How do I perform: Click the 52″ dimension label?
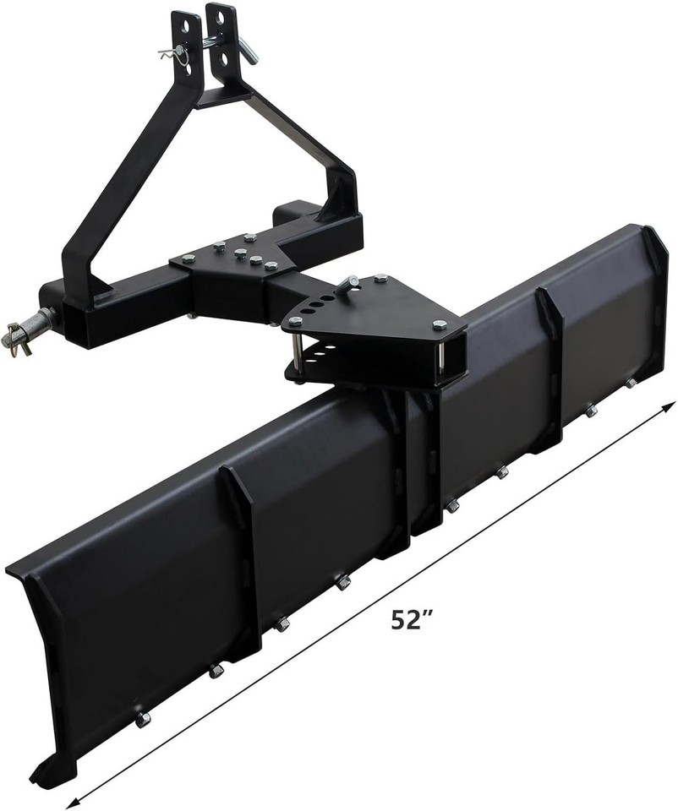(x=412, y=619)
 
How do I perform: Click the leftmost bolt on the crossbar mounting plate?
(x=187, y=259)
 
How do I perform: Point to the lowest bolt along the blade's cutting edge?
(x=143, y=719)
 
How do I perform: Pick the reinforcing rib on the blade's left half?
(x=243, y=558)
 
